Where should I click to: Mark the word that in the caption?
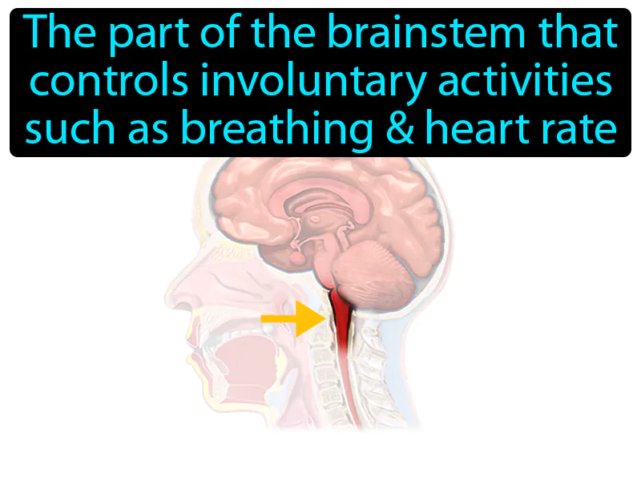tap(579, 34)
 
